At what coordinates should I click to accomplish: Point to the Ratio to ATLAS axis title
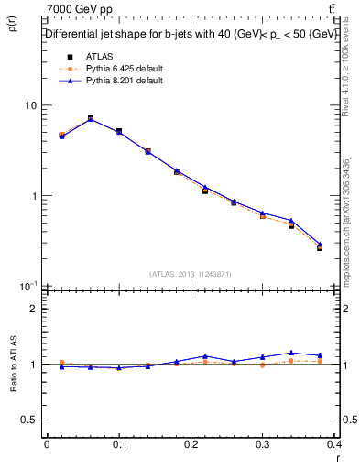[14, 364]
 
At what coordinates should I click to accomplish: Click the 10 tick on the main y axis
[30, 106]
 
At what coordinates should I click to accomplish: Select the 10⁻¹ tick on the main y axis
[27, 286]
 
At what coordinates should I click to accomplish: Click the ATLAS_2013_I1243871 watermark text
[191, 274]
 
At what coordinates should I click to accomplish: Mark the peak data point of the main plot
[90, 118]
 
